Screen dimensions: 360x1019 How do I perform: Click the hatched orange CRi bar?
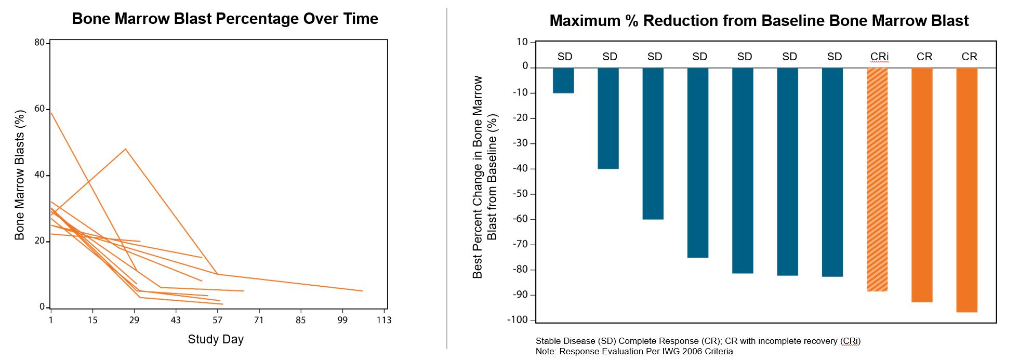[x=877, y=179]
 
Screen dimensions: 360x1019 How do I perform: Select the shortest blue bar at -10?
[x=563, y=81]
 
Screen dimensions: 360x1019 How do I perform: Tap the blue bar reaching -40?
[x=608, y=118]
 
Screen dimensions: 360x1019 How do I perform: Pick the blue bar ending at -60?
[x=653, y=143]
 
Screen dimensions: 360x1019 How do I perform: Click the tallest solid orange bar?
[x=967, y=190]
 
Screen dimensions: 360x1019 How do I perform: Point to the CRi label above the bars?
[x=879, y=57]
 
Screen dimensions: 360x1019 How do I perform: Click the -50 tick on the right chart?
[x=520, y=194]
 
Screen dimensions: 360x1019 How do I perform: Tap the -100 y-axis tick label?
[x=518, y=320]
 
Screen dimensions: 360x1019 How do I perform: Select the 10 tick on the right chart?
[x=522, y=42]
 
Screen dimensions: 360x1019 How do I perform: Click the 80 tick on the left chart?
[x=39, y=43]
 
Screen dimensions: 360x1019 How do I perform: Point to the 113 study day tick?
[x=384, y=320]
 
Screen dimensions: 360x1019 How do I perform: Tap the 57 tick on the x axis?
[x=217, y=320]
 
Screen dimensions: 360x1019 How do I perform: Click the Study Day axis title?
[x=216, y=339]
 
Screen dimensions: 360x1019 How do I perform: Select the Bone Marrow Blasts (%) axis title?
[x=20, y=175]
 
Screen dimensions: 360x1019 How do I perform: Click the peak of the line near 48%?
[x=125, y=149]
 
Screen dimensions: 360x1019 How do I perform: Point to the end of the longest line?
[x=362, y=291]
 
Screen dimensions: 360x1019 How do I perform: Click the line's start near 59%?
[x=51, y=112]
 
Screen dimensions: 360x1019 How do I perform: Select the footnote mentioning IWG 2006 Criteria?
[x=634, y=352]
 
